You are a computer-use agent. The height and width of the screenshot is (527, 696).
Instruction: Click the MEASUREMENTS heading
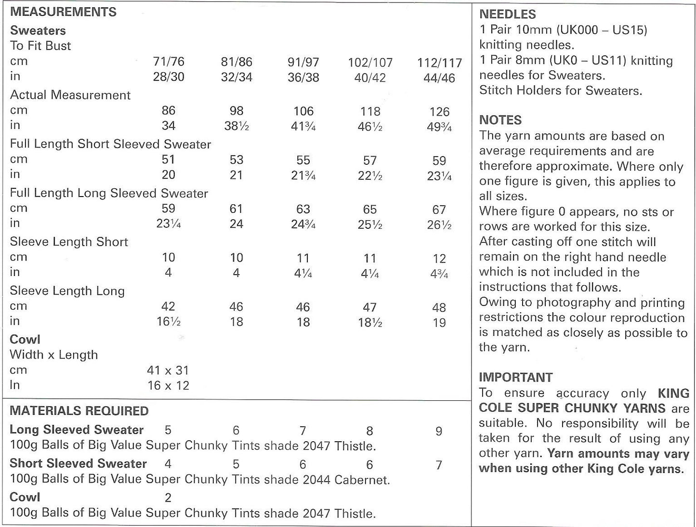[x=63, y=12]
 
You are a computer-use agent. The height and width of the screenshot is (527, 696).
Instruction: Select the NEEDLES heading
[x=507, y=14]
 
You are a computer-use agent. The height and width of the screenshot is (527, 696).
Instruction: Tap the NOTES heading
[x=500, y=120]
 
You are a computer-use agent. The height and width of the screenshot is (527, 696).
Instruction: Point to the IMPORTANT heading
[x=516, y=377]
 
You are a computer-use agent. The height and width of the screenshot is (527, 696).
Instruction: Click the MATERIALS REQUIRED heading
[x=79, y=411]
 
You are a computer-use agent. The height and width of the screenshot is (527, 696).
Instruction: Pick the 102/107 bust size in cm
[x=370, y=63]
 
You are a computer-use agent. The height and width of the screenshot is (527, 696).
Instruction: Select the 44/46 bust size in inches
[x=439, y=78]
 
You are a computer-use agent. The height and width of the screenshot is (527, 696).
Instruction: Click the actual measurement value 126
[x=439, y=112]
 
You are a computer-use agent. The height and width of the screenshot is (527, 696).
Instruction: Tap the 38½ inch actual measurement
[x=236, y=126]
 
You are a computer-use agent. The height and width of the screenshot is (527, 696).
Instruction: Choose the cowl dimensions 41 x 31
[x=168, y=370]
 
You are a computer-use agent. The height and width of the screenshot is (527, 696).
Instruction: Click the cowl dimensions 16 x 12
[x=168, y=385]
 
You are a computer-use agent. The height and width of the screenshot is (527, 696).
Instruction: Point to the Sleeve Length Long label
[x=67, y=291]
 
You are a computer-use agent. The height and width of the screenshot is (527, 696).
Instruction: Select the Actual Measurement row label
[x=70, y=95]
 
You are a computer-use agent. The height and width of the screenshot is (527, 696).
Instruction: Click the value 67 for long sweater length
[x=439, y=210]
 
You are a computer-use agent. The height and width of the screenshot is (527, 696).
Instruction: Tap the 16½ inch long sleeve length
[x=168, y=322]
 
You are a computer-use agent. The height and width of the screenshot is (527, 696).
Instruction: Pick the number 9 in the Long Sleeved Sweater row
[x=439, y=431]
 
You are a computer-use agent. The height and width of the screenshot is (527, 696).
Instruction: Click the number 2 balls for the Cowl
[x=168, y=498]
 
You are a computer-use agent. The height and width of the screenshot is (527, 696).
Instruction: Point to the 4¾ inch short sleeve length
[x=439, y=274]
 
